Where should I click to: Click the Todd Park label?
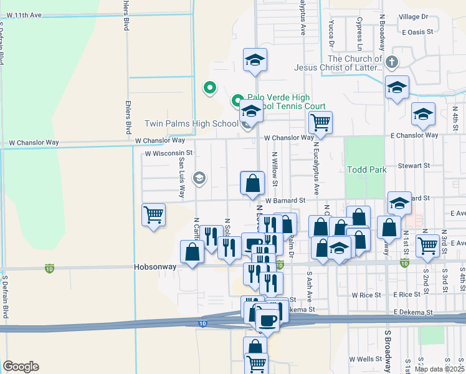point(367,170)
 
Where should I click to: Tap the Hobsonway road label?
point(155,266)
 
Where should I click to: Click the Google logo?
point(21,367)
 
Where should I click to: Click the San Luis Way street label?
point(181,178)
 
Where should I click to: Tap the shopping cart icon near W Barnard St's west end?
point(153,214)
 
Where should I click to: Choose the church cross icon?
point(391,62)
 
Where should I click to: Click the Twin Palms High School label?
point(191,124)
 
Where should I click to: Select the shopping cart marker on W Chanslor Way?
point(320,122)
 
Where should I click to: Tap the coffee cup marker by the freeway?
point(268,320)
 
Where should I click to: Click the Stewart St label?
point(415,166)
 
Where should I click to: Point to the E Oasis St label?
point(417,32)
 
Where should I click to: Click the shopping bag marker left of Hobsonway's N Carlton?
point(192,252)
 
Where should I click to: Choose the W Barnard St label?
point(285,201)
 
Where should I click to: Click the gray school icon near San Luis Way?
point(199,179)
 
